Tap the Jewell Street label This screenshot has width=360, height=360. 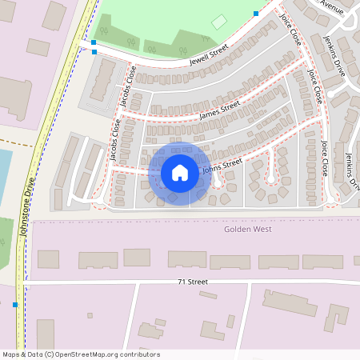pyautogui.click(x=209, y=54)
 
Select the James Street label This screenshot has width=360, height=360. pyautogui.click(x=219, y=110)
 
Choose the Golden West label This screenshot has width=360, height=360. pyautogui.click(x=247, y=230)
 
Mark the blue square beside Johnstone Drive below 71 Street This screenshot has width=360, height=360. pyautogui.click(x=15, y=304)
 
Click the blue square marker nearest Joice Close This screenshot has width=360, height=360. pyautogui.click(x=256, y=14)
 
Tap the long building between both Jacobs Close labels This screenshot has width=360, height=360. pyautogui.click(x=102, y=80)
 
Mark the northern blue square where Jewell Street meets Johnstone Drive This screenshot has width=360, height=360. pyautogui.click(x=94, y=42)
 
